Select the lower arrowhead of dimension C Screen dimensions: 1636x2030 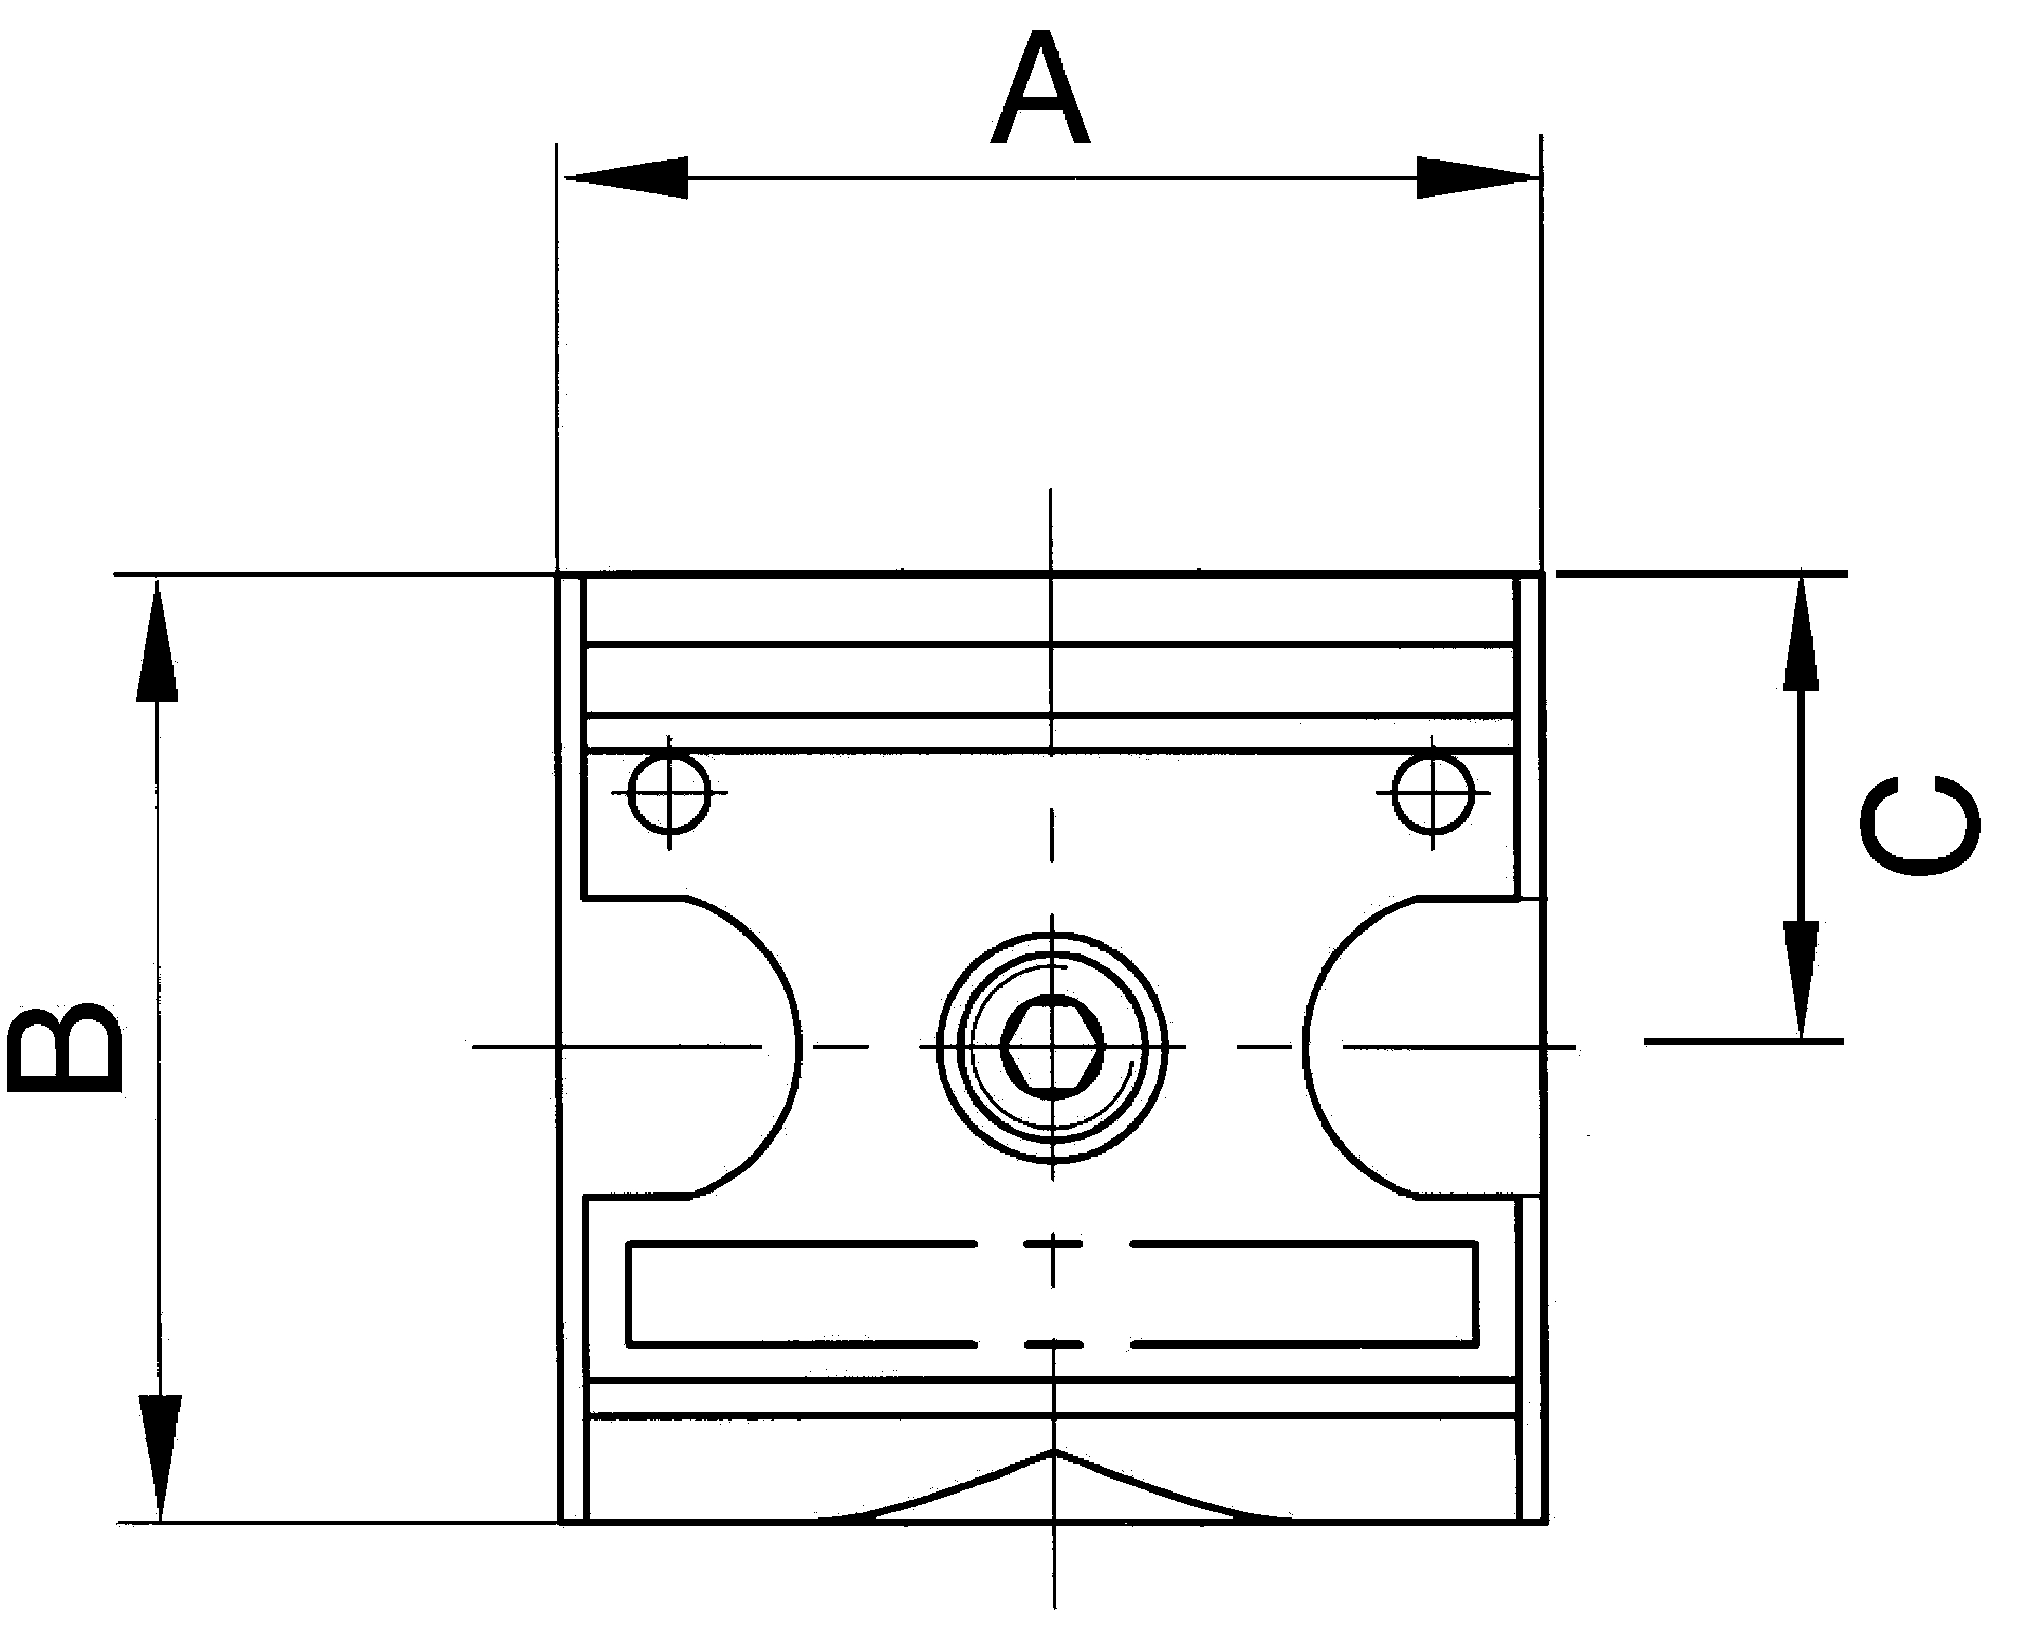(x=1801, y=980)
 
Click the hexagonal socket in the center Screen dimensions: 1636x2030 (x=1052, y=1046)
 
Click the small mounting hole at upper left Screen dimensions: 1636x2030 (x=670, y=793)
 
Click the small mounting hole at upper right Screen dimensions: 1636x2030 (x=1432, y=793)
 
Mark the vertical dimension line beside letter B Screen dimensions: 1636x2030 (x=158, y=1046)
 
